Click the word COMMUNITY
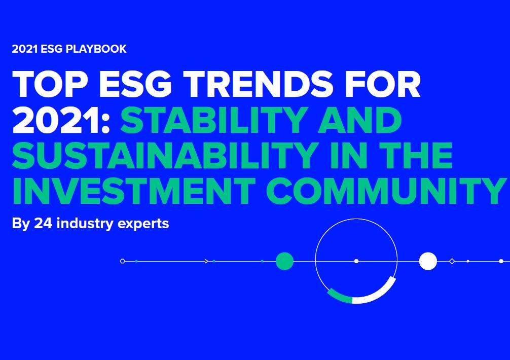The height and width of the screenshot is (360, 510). [x=386, y=191]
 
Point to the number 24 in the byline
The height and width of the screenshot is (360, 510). [x=43, y=223]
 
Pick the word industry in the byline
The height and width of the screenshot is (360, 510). [x=86, y=224]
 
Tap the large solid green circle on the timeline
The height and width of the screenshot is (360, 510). [x=284, y=261]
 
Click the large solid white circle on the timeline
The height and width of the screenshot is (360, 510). [x=428, y=261]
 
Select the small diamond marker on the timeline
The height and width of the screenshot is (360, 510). [x=452, y=261]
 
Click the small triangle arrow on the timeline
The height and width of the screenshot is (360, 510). [x=206, y=261]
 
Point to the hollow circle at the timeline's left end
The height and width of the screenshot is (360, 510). [x=122, y=261]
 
